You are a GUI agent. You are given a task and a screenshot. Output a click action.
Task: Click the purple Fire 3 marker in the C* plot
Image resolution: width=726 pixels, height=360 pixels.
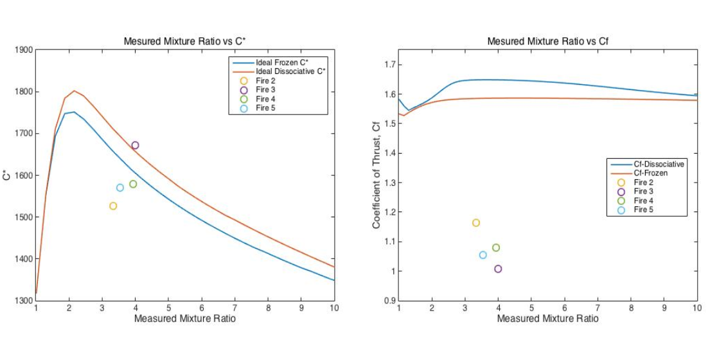[x=135, y=145]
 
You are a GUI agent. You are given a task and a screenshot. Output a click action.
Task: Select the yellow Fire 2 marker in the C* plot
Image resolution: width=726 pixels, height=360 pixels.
[x=113, y=206]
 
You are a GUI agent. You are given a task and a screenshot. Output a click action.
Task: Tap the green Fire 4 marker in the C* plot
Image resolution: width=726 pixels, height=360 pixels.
[x=133, y=184]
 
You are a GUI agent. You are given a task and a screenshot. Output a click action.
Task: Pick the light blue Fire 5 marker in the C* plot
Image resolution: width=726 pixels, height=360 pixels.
[x=120, y=188]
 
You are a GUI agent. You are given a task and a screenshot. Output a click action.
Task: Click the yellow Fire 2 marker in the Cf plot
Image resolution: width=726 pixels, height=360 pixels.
[x=476, y=222]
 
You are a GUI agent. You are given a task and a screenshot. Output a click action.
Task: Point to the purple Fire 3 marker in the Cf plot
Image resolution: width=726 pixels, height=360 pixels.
[x=498, y=269]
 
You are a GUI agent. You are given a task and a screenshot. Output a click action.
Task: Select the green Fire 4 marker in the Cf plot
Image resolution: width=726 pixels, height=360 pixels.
[x=496, y=248]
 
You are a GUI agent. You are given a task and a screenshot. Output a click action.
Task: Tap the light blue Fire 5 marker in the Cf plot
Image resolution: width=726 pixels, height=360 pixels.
[x=483, y=255]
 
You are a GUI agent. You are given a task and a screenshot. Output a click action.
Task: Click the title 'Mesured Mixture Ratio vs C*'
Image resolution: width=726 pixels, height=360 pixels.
[x=185, y=42]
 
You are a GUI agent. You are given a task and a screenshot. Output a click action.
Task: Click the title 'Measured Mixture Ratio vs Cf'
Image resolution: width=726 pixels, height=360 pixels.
[x=547, y=42]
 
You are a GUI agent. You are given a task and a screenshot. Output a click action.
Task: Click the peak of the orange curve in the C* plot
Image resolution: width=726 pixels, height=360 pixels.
[x=75, y=91]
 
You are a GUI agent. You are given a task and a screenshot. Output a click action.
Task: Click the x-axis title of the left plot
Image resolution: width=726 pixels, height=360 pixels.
[x=185, y=319]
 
